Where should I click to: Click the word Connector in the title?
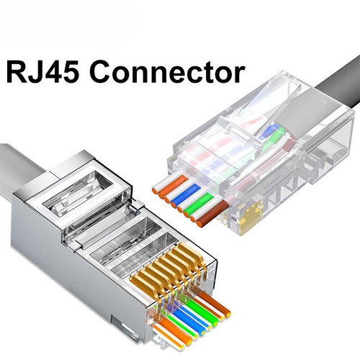coord(170,73)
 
